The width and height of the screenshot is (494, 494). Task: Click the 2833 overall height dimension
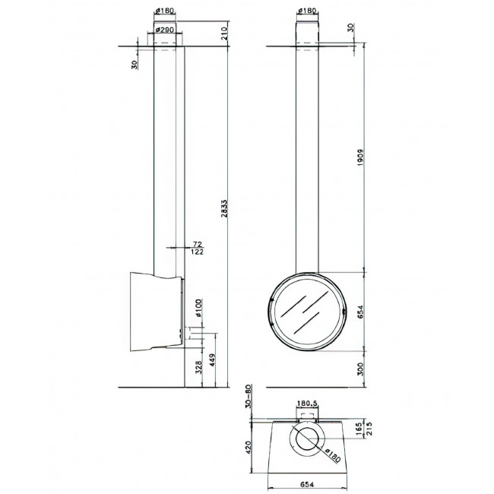pyautogui.click(x=223, y=208)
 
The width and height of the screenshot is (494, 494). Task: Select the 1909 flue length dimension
pyautogui.click(x=361, y=157)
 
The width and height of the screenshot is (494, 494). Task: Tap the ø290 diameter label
pyautogui.click(x=165, y=30)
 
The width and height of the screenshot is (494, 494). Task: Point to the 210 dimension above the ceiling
pyautogui.click(x=224, y=33)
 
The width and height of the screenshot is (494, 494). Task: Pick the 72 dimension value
pyautogui.click(x=198, y=244)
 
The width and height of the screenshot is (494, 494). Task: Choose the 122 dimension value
pyautogui.click(x=198, y=252)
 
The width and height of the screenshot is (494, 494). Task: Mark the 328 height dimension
pyautogui.click(x=198, y=368)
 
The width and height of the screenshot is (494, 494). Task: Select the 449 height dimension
pyautogui.click(x=212, y=360)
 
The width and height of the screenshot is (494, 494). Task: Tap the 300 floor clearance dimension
pyautogui.click(x=361, y=369)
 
